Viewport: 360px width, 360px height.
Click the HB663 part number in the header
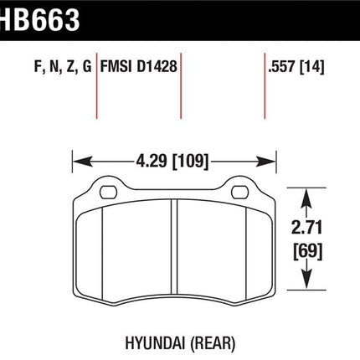click(x=39, y=19)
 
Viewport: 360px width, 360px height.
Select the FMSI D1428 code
click(x=139, y=67)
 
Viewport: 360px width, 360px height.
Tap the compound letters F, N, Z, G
click(x=63, y=67)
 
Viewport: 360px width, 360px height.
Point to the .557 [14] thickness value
click(x=296, y=67)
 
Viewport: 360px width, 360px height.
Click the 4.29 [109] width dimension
click(x=172, y=162)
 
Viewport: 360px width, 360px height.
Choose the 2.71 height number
click(x=307, y=227)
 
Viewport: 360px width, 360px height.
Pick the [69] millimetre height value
click(x=307, y=251)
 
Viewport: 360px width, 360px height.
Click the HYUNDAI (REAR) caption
click(x=180, y=343)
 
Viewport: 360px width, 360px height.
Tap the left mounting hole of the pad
click(x=108, y=193)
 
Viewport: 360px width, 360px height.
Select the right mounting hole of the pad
click(x=240, y=193)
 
